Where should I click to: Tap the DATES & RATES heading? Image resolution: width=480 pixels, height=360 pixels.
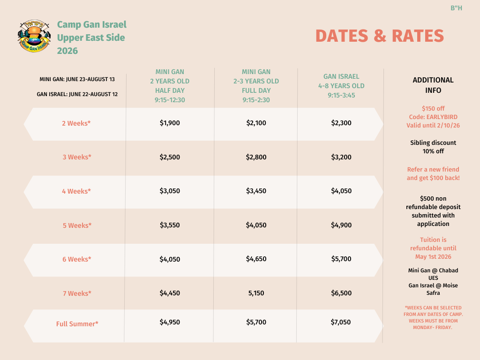(379, 36)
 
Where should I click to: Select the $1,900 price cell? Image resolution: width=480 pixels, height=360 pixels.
(170, 123)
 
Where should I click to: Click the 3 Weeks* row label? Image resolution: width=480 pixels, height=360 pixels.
(77, 157)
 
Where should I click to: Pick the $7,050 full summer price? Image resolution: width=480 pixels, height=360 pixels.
(341, 322)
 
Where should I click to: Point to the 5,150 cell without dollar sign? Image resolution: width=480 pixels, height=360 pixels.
(256, 293)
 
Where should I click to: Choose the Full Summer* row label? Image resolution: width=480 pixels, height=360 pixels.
(77, 323)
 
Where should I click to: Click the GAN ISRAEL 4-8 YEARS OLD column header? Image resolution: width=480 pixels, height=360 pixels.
(341, 86)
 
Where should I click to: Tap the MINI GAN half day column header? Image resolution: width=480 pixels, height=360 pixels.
(170, 86)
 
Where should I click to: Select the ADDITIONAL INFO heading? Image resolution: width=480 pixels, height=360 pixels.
(433, 85)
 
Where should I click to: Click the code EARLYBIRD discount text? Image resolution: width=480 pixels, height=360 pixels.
(433, 117)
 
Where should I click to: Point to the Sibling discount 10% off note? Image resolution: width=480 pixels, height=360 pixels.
(433, 147)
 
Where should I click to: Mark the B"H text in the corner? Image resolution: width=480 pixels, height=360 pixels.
(456, 8)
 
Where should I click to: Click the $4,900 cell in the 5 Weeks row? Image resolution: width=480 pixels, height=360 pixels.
(341, 225)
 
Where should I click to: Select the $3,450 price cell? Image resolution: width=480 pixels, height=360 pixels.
(256, 191)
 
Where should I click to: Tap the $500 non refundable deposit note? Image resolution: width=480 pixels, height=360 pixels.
(433, 211)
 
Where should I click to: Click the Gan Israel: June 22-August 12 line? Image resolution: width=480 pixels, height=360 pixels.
(77, 94)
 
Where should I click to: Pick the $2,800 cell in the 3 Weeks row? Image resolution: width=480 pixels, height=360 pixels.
(256, 157)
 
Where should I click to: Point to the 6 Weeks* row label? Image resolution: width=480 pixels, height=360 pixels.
(77, 259)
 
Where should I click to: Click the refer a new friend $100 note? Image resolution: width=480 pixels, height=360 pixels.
(433, 173)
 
